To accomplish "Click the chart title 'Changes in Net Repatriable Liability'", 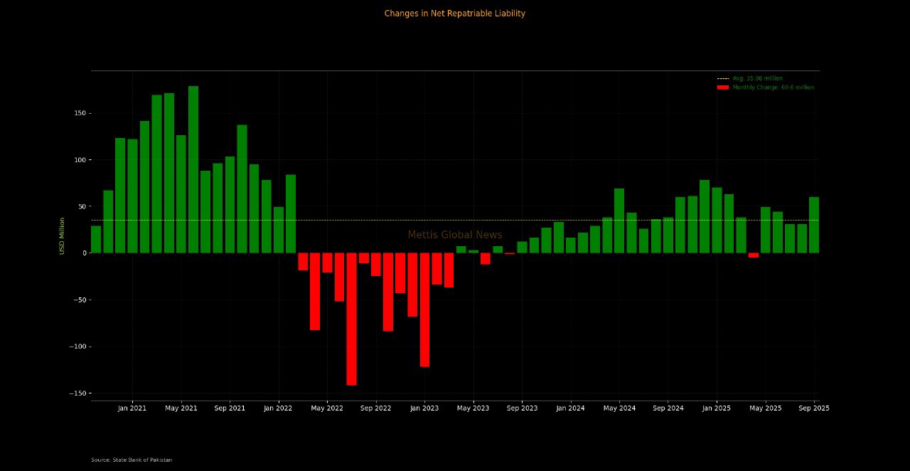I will point(454,14).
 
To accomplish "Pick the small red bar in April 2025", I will point(754,255).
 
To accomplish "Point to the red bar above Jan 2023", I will point(424,309).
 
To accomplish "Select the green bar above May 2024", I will point(619,221).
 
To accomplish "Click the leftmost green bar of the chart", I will point(96,239).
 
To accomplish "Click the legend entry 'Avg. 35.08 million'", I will point(757,78).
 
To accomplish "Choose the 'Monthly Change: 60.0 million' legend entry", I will point(773,88).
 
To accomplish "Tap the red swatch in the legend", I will point(723,88).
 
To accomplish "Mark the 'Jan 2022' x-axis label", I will point(278,408).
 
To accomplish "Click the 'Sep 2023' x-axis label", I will point(522,408).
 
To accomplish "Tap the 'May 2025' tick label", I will point(765,408).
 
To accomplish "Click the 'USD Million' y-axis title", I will point(62,235).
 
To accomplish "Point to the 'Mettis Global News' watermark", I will point(455,235).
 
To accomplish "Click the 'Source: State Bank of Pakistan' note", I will point(132,460).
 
